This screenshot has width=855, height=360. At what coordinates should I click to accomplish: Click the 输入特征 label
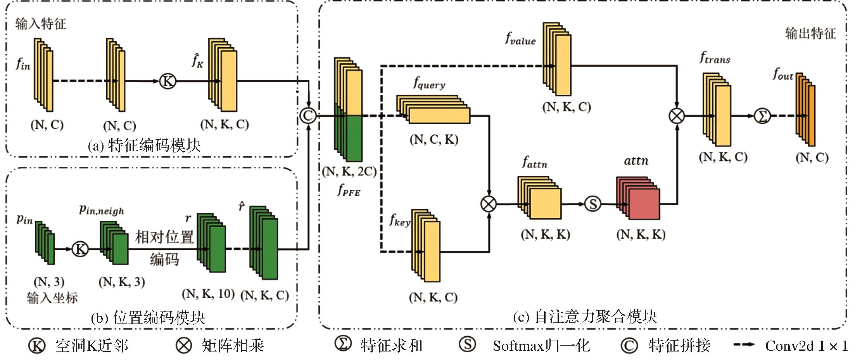tap(41, 24)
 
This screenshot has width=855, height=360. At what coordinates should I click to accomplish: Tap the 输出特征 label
tap(810, 33)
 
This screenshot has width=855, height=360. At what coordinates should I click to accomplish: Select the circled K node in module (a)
tap(168, 81)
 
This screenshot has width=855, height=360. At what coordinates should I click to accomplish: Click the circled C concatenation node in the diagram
tap(308, 116)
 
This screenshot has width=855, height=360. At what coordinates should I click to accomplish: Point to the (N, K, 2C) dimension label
tap(349, 171)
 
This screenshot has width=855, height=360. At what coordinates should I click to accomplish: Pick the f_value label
tap(520, 39)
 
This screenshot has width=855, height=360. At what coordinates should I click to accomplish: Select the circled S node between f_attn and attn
tap(592, 204)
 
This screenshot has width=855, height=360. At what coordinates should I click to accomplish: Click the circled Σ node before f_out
tap(762, 116)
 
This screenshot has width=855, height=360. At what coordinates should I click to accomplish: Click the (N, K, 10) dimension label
tap(208, 294)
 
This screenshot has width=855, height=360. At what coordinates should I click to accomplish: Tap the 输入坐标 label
tap(52, 298)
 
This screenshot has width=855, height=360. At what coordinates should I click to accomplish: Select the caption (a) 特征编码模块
tap(144, 146)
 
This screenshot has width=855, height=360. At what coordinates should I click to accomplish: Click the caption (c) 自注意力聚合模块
tap(585, 317)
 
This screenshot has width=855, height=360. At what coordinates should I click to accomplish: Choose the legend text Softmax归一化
tap(541, 346)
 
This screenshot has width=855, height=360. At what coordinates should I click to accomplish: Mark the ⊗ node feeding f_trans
tap(677, 116)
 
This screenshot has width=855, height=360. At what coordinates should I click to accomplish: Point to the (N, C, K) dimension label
tap(434, 140)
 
